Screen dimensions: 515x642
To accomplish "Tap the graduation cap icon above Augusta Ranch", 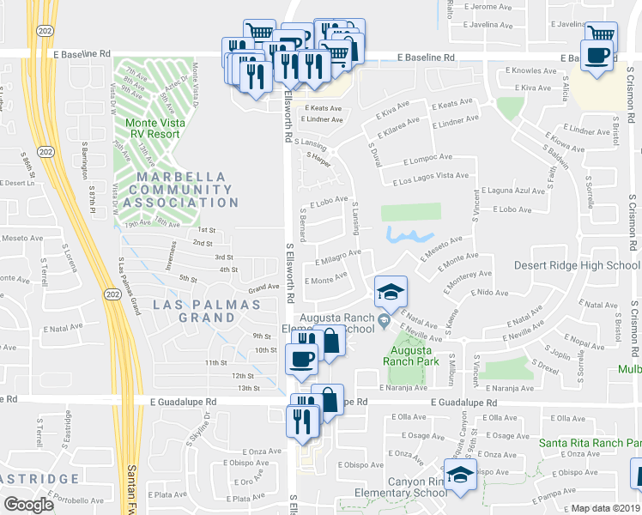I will coord(391,292).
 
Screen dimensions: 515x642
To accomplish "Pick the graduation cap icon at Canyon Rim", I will coord(460,475).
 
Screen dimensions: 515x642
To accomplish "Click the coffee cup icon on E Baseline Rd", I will coord(597,55).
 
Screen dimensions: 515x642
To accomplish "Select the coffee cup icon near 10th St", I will coord(301,359).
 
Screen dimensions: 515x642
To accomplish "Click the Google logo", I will coord(28,505).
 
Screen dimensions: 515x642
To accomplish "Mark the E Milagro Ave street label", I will coord(338,257).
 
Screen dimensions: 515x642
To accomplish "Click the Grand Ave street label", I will coord(264,288).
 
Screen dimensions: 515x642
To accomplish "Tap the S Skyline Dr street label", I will coord(207,434).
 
